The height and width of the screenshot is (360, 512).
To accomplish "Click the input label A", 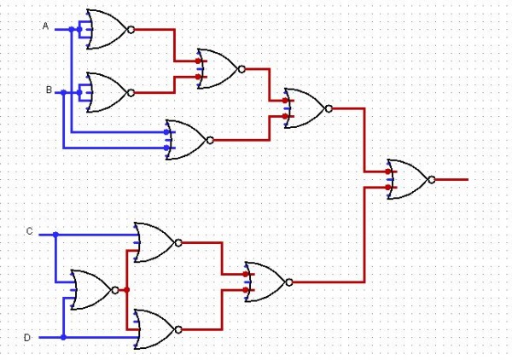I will (45, 26).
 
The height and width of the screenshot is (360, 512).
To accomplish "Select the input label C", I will (30, 231).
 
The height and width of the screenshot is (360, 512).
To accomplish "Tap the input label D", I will (27, 338).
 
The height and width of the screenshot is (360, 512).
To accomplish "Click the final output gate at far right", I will (408, 179).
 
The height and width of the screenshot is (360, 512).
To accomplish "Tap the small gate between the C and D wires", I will (91, 290).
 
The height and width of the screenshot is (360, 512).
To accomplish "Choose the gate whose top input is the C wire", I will (154, 242).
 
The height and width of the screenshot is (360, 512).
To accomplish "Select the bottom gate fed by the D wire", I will (154, 329).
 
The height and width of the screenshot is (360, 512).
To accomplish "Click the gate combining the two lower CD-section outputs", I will (266, 282).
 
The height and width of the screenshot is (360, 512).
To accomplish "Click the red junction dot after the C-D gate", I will (127, 290).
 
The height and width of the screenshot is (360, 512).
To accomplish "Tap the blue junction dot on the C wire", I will (55, 233).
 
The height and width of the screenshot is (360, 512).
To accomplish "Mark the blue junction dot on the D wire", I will (64, 337).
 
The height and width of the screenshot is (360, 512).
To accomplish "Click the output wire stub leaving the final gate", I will (452, 179).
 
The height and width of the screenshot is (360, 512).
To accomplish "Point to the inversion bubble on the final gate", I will (432, 179).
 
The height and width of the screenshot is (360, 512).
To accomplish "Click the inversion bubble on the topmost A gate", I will (131, 29).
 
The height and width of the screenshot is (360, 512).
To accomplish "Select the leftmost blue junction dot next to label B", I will (63, 91).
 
